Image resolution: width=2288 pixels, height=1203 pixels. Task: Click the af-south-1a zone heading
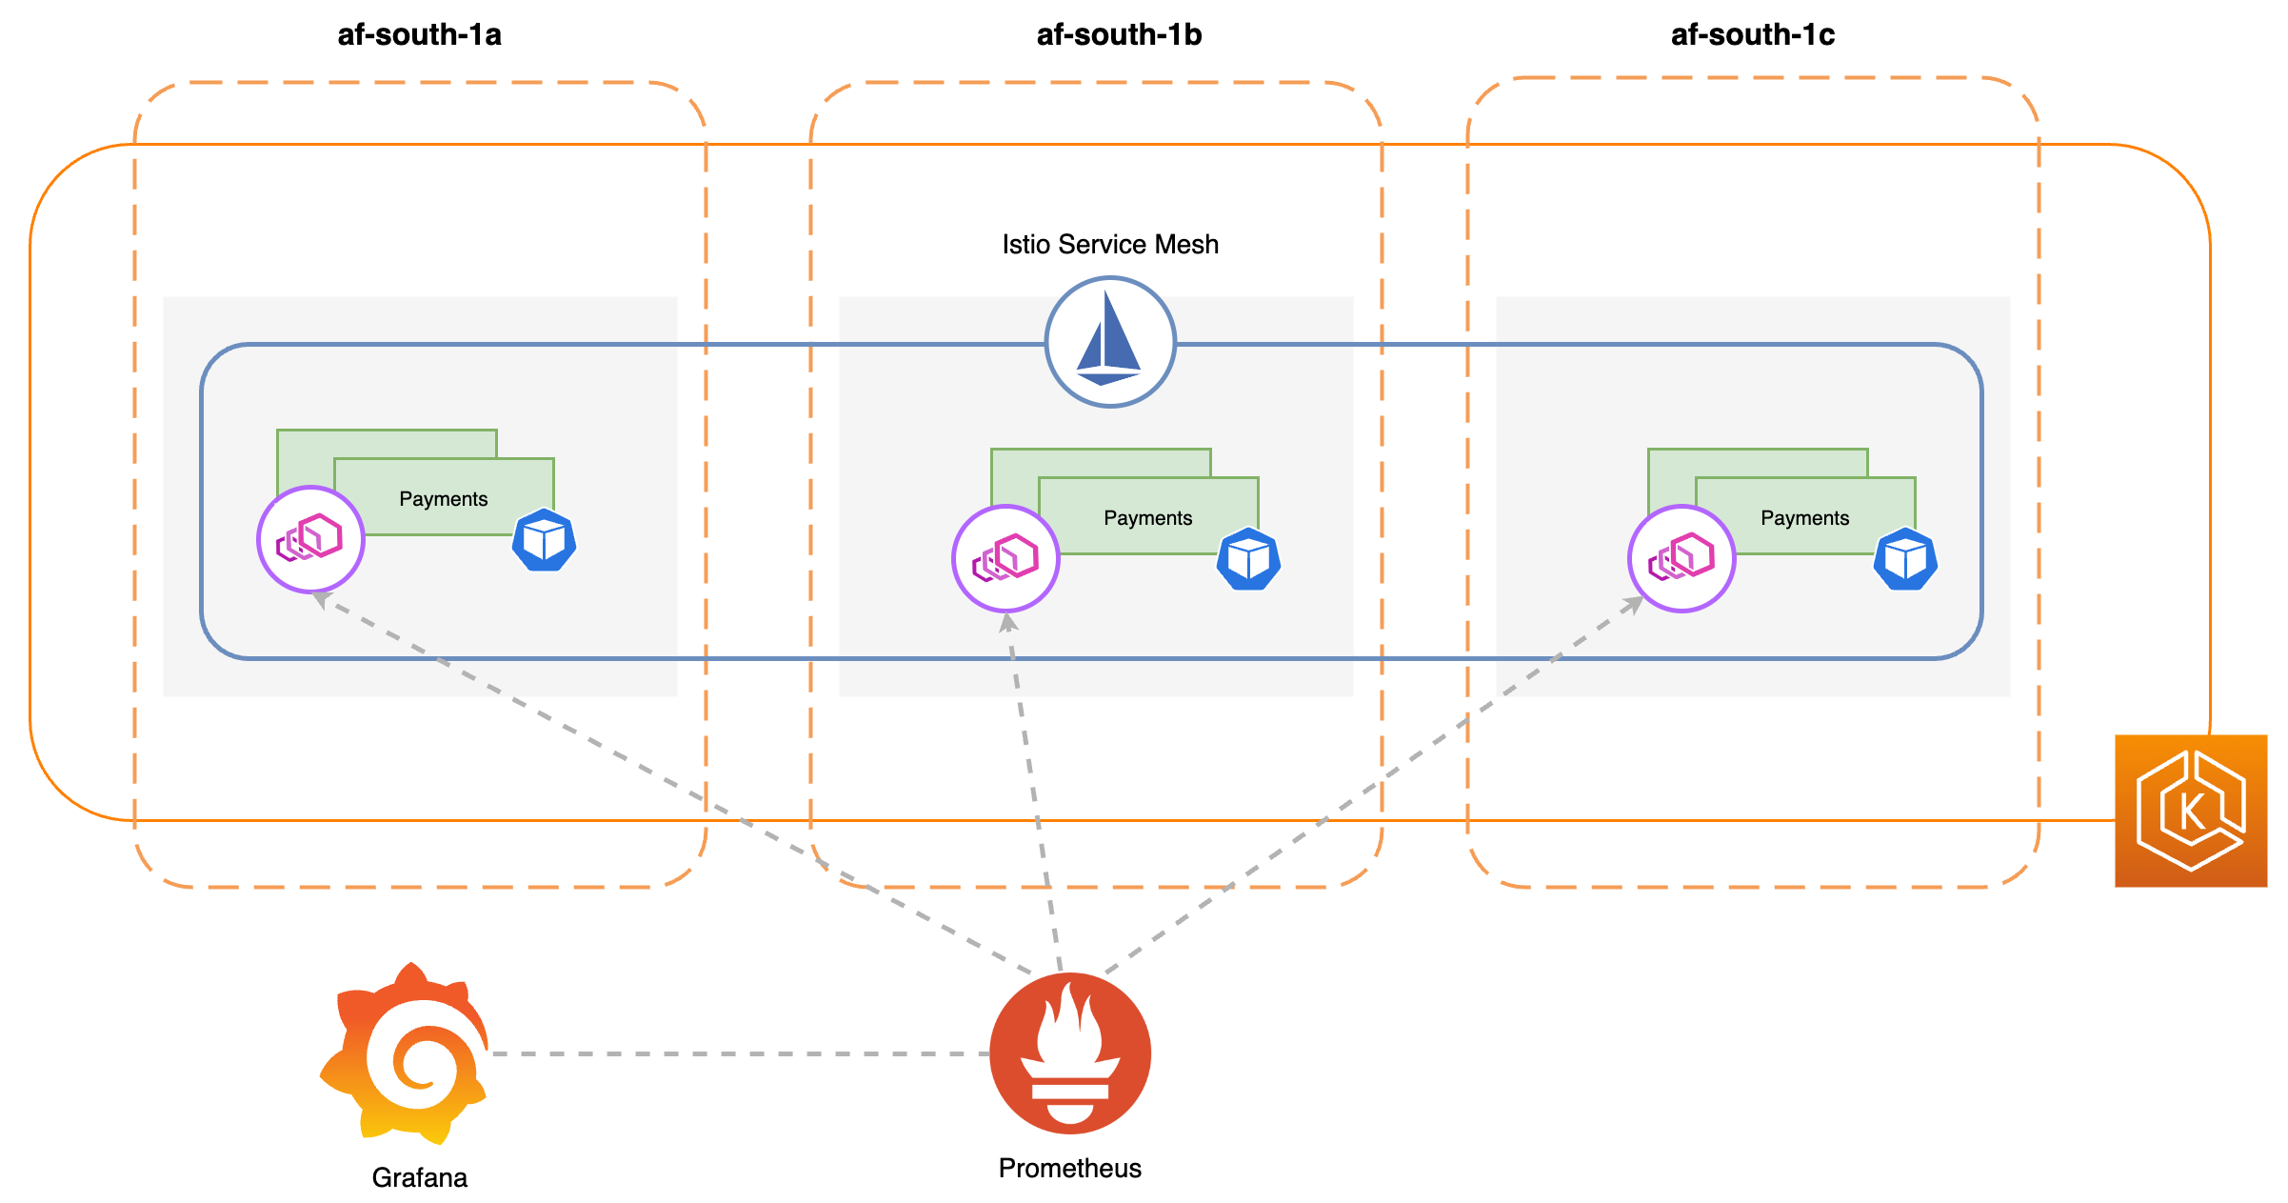[419, 35]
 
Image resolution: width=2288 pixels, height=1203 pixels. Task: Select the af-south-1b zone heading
[1119, 35]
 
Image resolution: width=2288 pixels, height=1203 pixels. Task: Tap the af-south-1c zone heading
[1752, 35]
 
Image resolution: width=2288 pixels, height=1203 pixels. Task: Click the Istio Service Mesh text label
[1109, 245]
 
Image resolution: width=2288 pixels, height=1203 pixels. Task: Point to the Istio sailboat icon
[1110, 342]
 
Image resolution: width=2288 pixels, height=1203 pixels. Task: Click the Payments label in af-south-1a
[443, 499]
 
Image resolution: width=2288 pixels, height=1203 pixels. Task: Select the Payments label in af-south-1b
[1147, 518]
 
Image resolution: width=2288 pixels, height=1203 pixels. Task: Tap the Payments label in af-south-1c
[1804, 518]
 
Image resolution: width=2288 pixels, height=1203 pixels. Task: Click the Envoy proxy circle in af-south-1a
[310, 539]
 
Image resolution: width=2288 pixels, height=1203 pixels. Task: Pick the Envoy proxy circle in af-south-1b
[1005, 558]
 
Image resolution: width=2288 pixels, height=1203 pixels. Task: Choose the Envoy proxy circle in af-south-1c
[1681, 558]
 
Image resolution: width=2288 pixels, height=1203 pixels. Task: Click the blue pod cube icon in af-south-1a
[545, 540]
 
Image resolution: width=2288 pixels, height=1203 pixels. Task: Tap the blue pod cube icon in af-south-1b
[1248, 559]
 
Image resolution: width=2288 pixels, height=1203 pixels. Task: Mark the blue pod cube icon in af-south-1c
[1905, 559]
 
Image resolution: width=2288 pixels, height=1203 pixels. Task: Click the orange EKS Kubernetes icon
[2190, 811]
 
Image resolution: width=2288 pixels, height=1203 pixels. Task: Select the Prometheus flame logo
[1070, 1053]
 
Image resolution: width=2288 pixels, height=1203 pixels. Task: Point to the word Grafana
[419, 1178]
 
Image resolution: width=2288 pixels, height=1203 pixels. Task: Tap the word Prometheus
[1069, 1169]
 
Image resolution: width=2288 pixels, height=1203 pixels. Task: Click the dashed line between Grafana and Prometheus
[738, 1054]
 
